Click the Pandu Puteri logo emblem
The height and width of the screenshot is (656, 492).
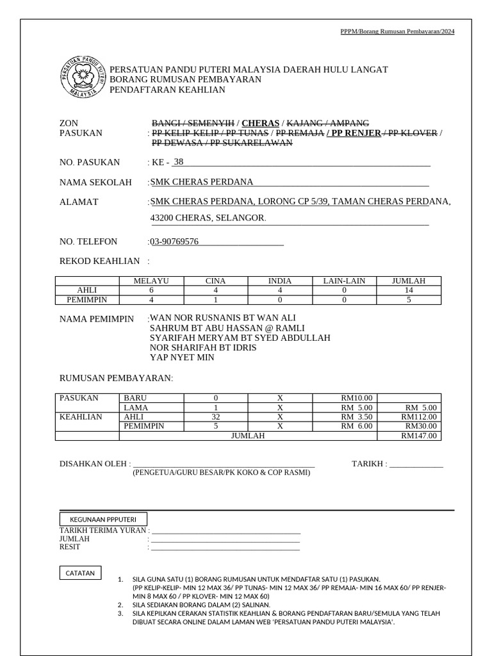(x=81, y=74)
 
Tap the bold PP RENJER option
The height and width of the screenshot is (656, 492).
(x=353, y=133)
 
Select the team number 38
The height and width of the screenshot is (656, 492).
(x=178, y=161)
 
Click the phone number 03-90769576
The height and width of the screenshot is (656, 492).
(x=174, y=242)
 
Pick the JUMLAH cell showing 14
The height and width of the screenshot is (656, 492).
(x=409, y=290)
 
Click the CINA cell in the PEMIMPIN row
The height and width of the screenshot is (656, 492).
(x=215, y=299)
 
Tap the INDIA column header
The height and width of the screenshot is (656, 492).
(x=280, y=281)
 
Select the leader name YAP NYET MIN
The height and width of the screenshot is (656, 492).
(x=182, y=357)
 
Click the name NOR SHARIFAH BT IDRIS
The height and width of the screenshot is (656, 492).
(x=202, y=347)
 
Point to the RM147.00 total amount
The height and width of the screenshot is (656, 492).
(x=418, y=436)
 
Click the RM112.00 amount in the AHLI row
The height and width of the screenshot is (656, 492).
(x=418, y=416)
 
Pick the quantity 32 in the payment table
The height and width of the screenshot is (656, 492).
(x=215, y=416)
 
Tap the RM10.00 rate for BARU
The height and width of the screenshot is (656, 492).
(x=357, y=398)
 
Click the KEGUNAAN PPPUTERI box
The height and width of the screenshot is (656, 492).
(x=102, y=519)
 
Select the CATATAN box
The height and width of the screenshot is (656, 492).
(x=79, y=573)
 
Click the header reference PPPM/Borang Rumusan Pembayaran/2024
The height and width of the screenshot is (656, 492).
(x=397, y=31)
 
